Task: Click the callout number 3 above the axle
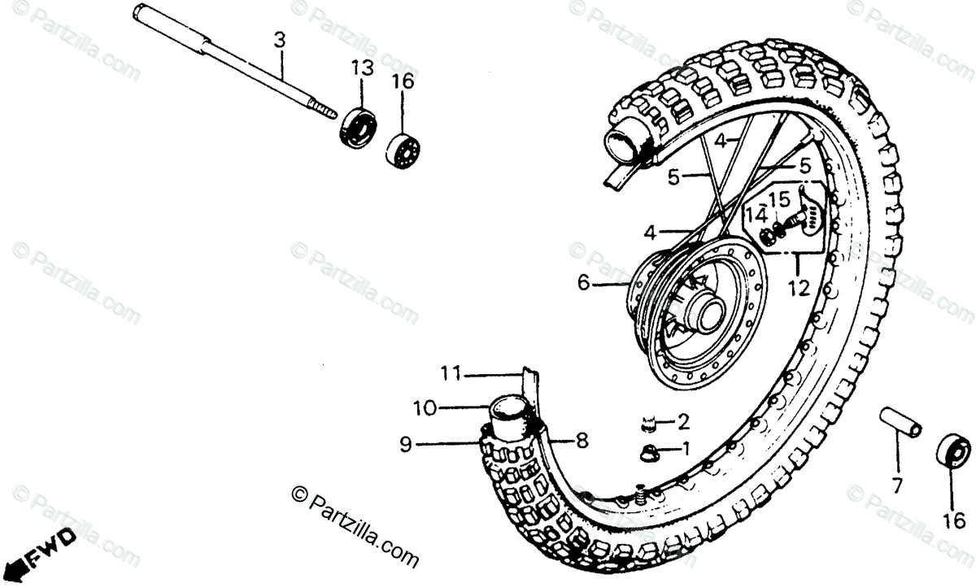point(279,38)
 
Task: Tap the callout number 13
point(362,68)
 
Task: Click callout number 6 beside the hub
point(583,284)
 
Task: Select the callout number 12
point(799,288)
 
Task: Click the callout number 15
point(779,198)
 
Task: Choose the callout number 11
point(451,374)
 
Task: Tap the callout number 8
point(582,442)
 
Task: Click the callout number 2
point(683,421)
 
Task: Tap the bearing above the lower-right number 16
point(953,451)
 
